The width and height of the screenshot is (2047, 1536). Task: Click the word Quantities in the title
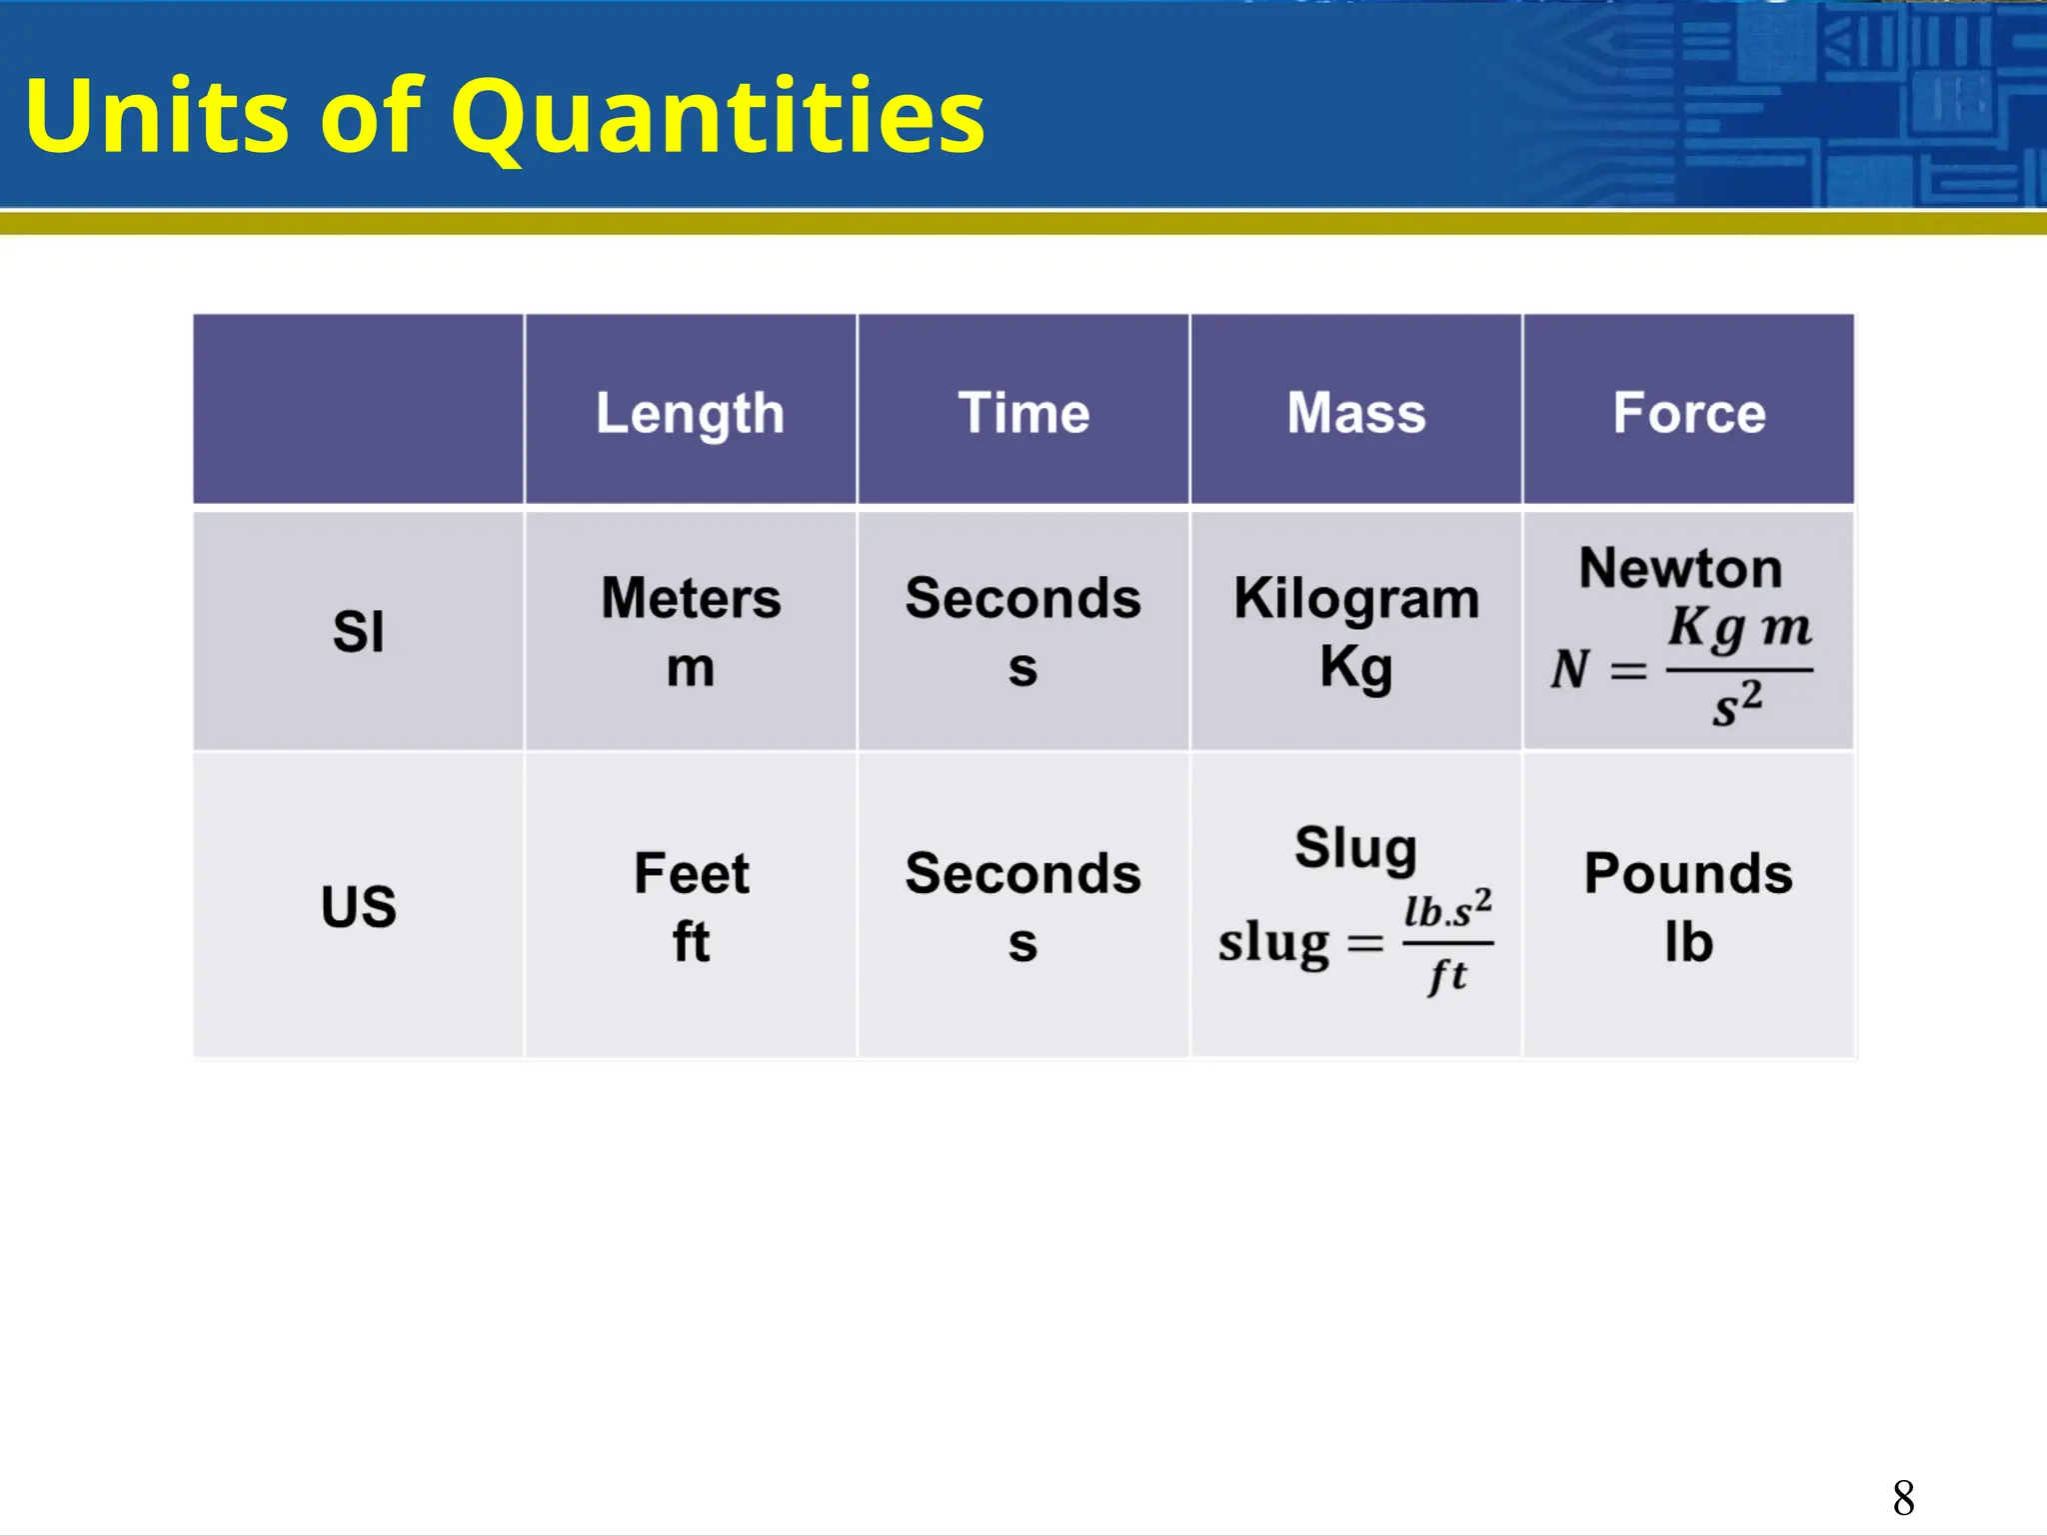point(718,118)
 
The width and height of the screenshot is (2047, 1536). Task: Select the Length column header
point(690,413)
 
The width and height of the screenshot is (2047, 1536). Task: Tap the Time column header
point(1023,413)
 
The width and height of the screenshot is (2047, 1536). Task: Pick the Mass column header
point(1356,413)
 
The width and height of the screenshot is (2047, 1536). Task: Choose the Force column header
point(1689,413)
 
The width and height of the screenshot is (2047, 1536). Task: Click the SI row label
point(358,632)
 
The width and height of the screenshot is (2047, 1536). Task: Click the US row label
point(358,907)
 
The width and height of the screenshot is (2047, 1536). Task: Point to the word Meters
point(691,598)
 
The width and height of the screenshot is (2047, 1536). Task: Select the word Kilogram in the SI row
point(1356,598)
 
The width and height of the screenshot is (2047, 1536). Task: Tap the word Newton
point(1680,568)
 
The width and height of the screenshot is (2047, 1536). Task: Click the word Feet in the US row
point(691,873)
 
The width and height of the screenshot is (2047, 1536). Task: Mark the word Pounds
point(1688,873)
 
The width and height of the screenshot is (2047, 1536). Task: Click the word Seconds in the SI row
point(1023,598)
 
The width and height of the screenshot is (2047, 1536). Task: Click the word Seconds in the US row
point(1023,873)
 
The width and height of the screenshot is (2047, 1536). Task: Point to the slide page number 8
point(1903,1498)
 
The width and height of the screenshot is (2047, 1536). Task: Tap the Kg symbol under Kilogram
point(1356,667)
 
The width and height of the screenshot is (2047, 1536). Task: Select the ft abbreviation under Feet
point(691,942)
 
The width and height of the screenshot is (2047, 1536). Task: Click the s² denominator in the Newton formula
point(1737,704)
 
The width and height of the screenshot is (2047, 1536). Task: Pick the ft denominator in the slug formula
point(1447,975)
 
